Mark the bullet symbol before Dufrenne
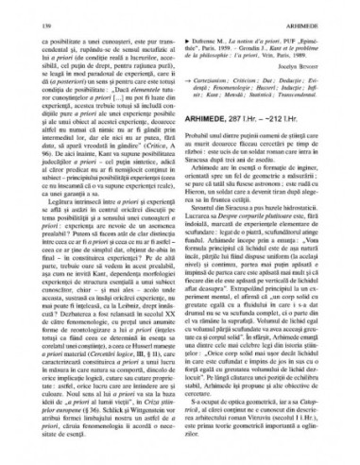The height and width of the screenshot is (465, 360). tap(191, 32)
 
